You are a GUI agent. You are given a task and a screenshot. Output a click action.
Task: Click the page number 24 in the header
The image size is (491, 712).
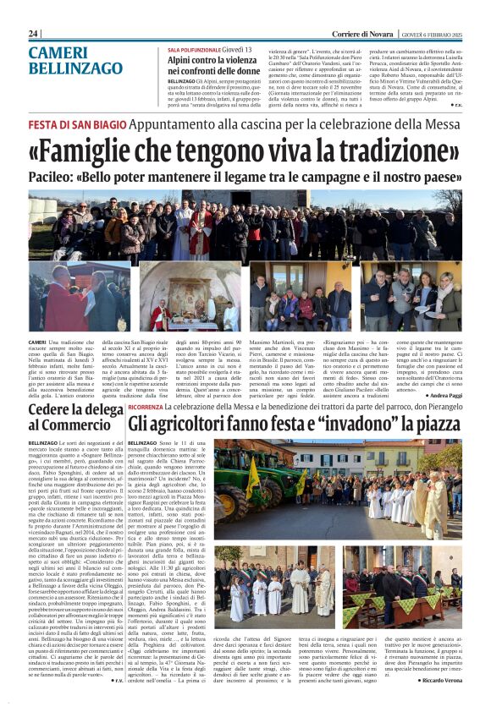(x=34, y=33)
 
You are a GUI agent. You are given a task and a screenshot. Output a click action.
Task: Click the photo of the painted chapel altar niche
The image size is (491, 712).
(x=191, y=296)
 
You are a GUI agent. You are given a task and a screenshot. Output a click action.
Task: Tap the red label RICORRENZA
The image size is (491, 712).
(x=146, y=407)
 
